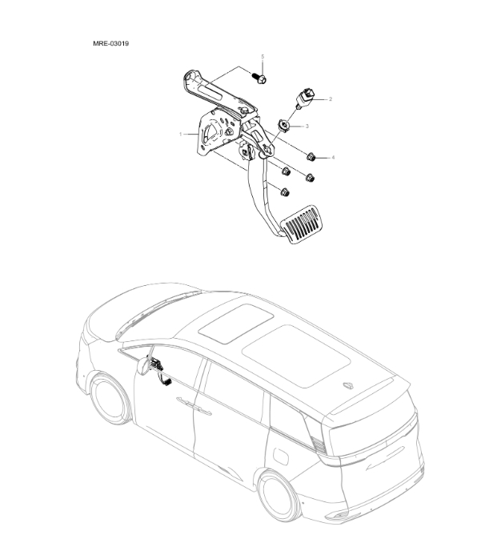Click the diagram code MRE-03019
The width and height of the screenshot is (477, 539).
point(111,43)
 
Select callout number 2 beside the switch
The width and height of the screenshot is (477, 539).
point(331,99)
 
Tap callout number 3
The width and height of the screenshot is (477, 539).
point(306,127)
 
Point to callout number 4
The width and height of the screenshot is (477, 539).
point(333,158)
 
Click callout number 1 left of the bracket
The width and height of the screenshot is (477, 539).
point(182,134)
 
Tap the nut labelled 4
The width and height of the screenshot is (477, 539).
point(311,156)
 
